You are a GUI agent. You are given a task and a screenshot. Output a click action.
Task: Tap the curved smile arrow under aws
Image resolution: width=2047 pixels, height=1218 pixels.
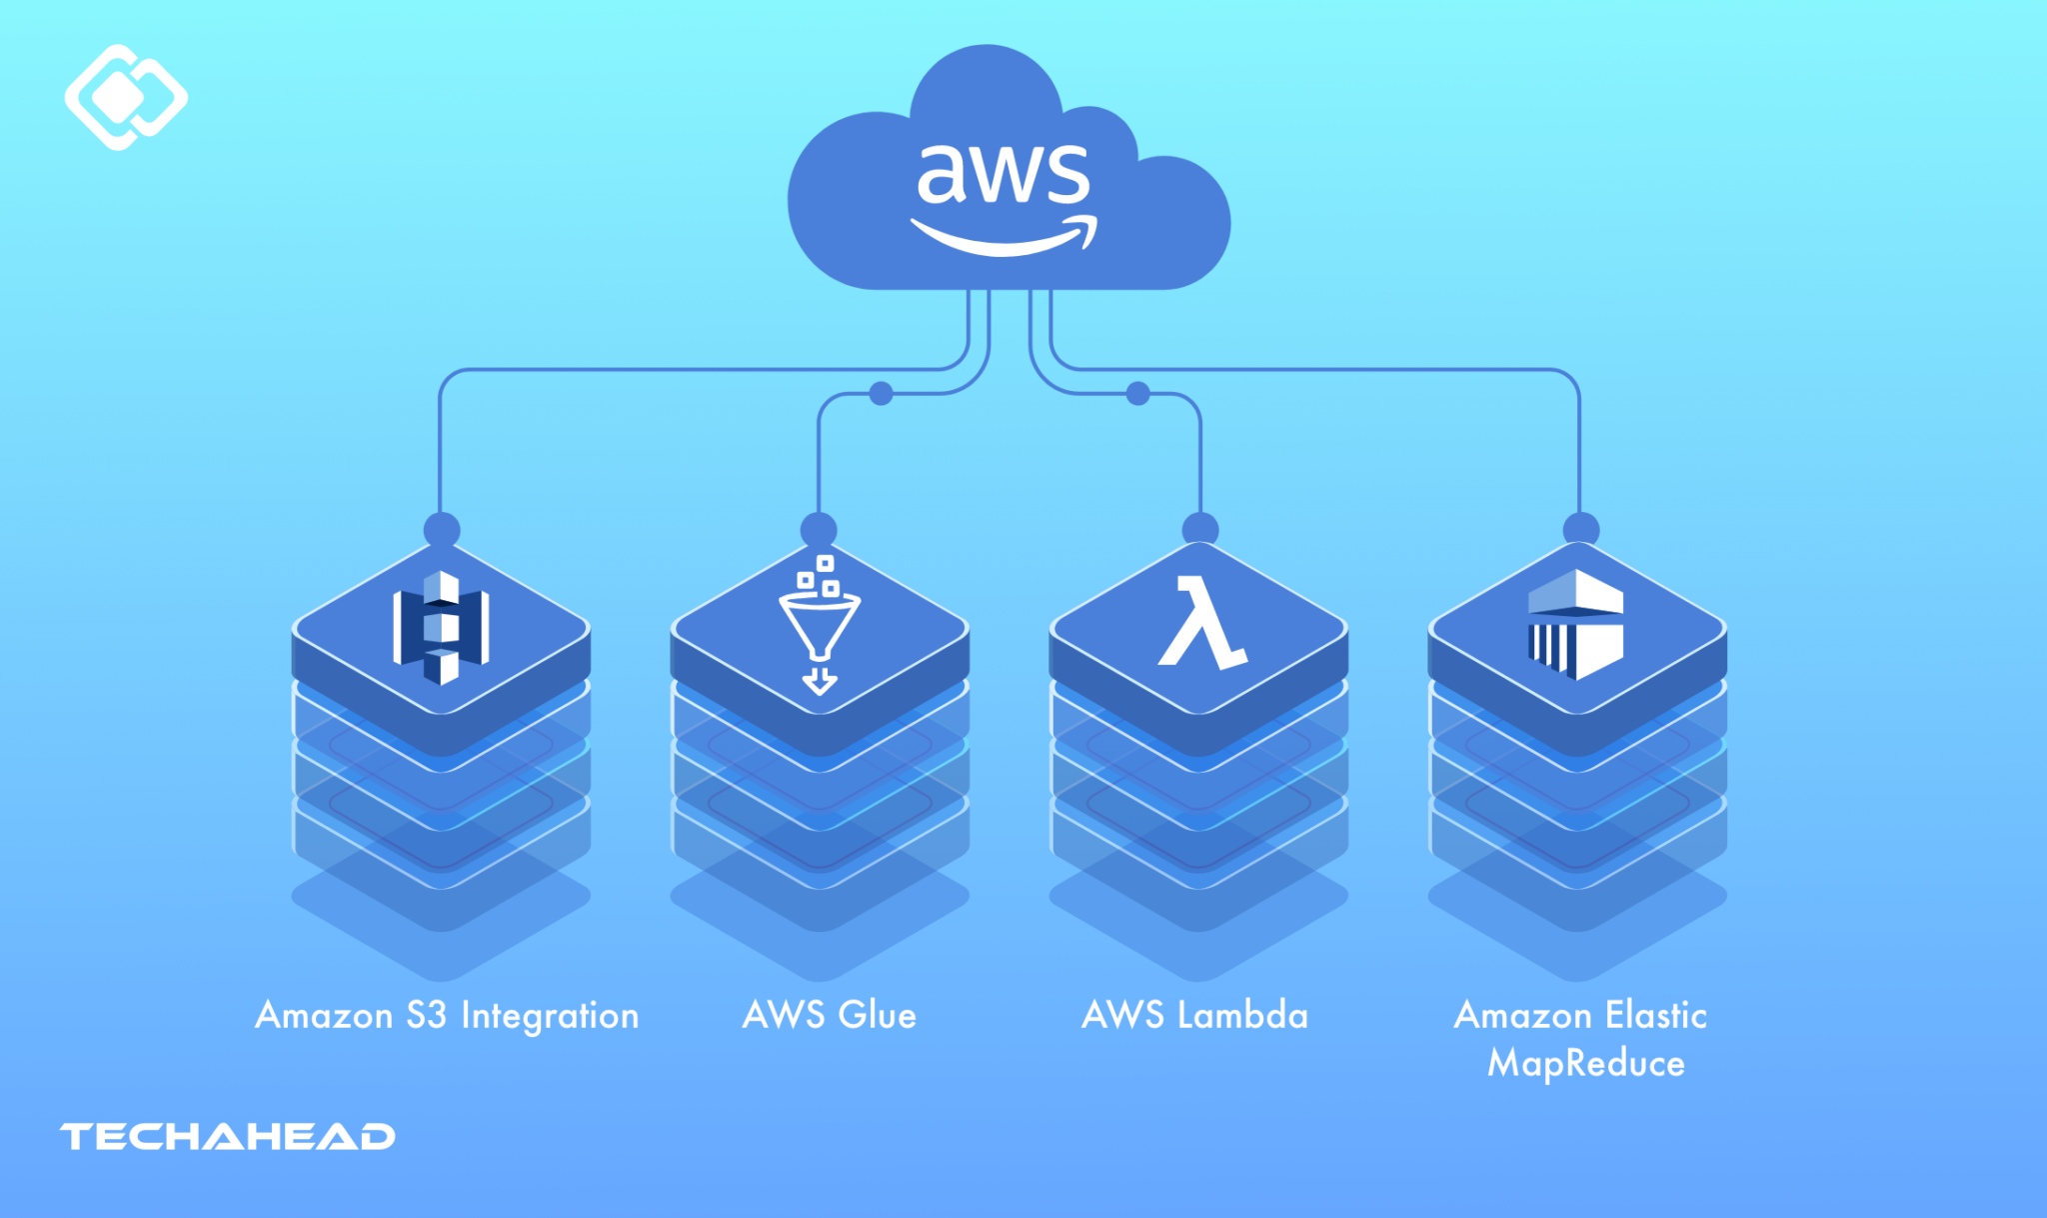tap(1003, 236)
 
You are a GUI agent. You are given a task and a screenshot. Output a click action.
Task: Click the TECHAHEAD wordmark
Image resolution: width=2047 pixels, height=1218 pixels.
tap(228, 1137)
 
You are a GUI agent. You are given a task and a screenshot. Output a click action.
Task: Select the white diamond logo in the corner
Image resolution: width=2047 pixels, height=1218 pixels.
tap(126, 97)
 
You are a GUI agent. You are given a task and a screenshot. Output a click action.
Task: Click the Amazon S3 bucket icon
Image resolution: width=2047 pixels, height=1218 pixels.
tap(441, 628)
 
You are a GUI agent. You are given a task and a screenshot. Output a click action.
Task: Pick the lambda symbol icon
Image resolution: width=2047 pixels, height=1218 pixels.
tap(1200, 622)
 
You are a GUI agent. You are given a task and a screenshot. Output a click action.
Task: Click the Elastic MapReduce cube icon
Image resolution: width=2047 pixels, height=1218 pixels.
tap(1576, 624)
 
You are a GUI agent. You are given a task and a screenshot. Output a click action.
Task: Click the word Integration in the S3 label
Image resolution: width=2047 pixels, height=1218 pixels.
tap(549, 1016)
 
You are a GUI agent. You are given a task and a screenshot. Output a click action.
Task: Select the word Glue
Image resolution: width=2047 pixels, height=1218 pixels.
tap(877, 1015)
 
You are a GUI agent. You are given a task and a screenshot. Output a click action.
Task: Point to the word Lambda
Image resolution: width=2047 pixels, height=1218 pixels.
tap(1242, 1015)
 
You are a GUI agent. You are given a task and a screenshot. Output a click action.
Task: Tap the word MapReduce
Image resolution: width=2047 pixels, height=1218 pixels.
tap(1585, 1063)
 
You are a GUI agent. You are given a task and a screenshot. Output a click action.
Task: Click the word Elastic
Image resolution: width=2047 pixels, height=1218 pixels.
tap(1656, 1015)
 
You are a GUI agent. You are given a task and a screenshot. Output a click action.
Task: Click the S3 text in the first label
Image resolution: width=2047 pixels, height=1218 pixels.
tap(426, 1015)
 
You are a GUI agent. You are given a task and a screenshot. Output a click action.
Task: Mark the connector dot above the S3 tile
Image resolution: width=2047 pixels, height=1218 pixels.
tap(442, 529)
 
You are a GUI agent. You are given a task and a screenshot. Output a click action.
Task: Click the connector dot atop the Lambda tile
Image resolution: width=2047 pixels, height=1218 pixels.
tap(1200, 529)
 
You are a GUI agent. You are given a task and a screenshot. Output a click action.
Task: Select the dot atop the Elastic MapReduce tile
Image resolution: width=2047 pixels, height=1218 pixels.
tap(1580, 529)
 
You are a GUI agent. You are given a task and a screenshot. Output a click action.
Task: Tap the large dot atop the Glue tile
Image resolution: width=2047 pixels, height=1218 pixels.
tap(819, 529)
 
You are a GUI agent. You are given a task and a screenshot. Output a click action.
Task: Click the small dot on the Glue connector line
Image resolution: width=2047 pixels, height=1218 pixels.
tap(881, 393)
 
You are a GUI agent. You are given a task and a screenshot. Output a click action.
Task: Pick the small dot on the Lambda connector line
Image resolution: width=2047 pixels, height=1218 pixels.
tap(1137, 393)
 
